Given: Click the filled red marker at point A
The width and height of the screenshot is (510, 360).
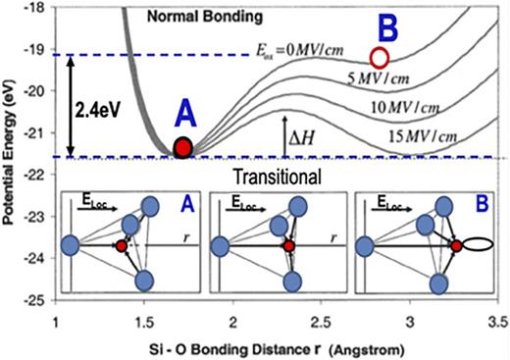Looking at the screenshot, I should [x=182, y=148].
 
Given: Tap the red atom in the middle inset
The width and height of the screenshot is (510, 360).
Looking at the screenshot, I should [x=289, y=246].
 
